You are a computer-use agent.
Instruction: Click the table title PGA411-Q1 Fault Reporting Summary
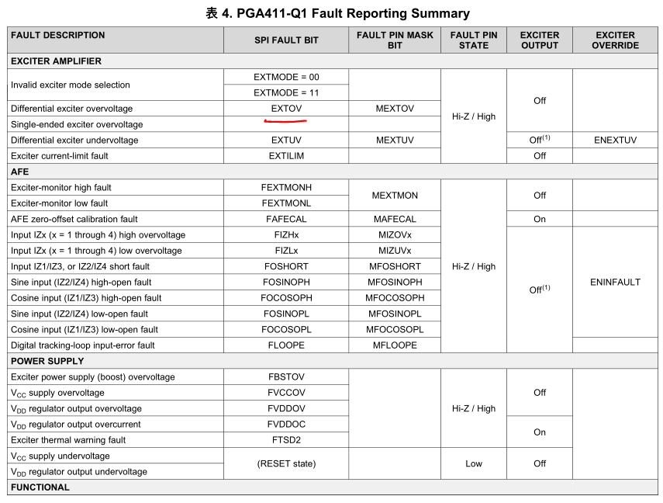[337, 13]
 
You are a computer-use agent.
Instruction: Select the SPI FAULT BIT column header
[286, 40]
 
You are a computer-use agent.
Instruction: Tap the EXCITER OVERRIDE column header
[615, 40]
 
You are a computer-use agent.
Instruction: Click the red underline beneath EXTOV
[286, 121]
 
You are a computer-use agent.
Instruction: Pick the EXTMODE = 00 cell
[286, 77]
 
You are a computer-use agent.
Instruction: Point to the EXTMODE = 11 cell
[286, 92]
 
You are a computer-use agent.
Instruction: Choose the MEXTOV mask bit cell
[395, 109]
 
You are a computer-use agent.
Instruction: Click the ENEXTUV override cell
[615, 140]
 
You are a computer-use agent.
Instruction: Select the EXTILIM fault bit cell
[286, 156]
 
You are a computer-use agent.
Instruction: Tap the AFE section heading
[19, 172]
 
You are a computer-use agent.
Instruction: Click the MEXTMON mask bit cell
[395, 196]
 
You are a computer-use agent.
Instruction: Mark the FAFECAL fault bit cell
[286, 219]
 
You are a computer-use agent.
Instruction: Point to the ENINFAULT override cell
[615, 283]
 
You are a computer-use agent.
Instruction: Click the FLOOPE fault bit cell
[286, 345]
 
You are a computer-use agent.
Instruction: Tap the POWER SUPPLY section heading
[47, 361]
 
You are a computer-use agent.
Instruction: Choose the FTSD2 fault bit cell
[286, 440]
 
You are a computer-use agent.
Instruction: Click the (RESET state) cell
[286, 463]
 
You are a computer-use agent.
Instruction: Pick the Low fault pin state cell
[474, 463]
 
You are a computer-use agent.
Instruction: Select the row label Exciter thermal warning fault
[68, 440]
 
